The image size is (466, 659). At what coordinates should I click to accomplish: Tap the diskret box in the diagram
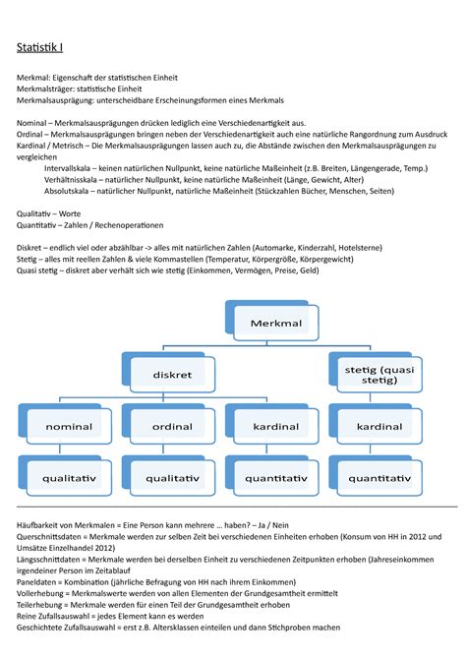172,375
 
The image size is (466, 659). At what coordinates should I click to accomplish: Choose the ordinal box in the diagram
172,427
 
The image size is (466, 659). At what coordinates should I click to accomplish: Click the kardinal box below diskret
275,427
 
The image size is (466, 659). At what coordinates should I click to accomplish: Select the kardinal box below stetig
379,427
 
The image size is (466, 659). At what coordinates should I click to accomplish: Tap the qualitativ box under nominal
69,478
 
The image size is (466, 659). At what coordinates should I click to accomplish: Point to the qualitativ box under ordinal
172,478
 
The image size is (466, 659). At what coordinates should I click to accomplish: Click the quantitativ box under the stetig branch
379,478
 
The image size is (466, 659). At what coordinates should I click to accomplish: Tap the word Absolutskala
70,194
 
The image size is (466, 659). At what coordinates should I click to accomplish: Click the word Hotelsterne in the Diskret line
389,249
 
